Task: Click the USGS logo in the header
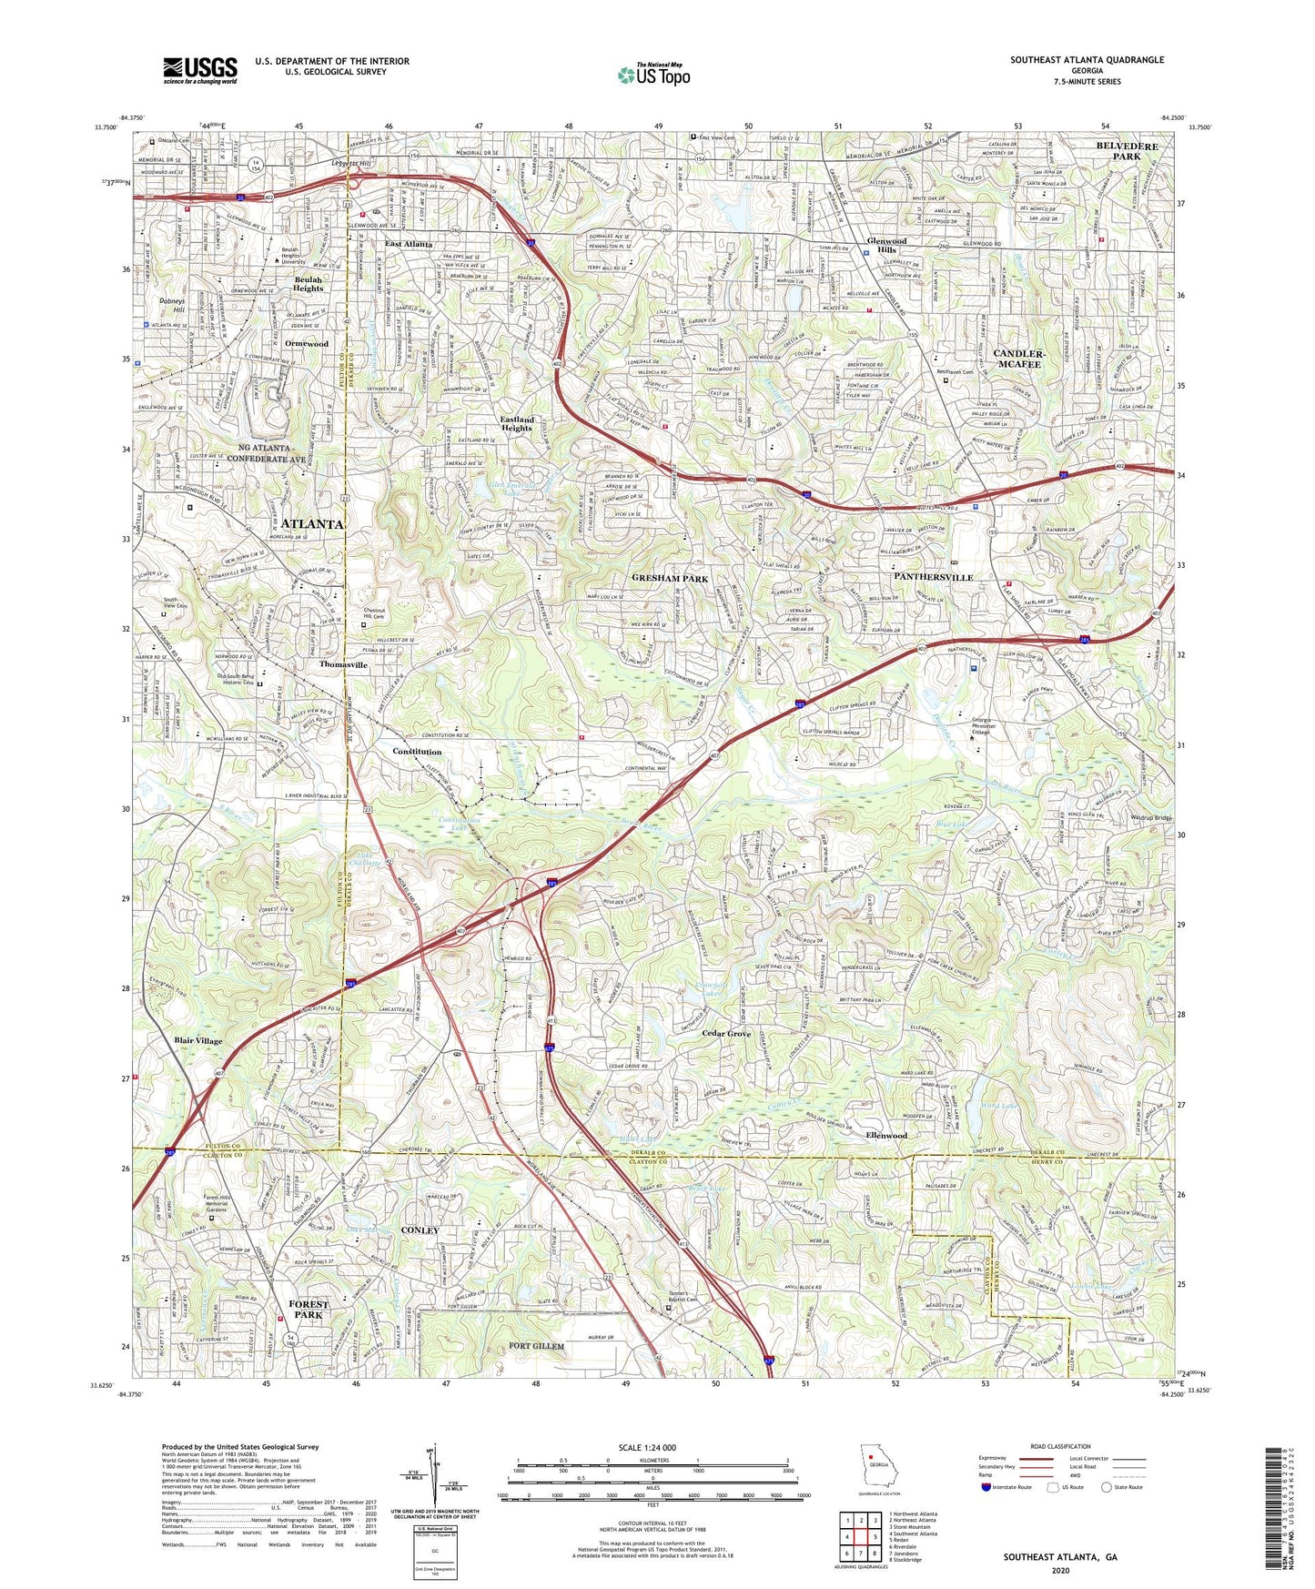[200, 69]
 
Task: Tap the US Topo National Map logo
[652, 75]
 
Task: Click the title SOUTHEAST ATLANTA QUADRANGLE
[1087, 60]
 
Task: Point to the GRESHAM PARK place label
[670, 578]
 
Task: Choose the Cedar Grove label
[726, 1034]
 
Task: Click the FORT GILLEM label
[536, 1346]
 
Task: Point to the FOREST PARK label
[309, 1310]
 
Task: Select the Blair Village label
[198, 1040]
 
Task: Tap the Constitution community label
[417, 752]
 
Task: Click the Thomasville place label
[343, 665]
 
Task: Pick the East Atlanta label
[409, 245]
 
